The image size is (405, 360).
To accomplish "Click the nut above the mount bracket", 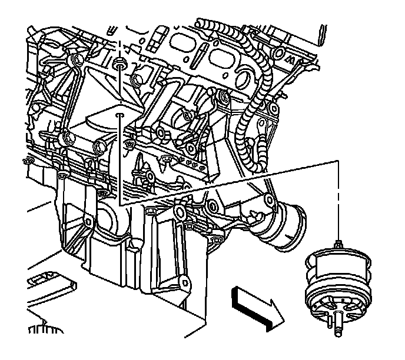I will tap(120, 63).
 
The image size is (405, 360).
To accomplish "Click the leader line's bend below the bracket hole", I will tap(119, 203).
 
